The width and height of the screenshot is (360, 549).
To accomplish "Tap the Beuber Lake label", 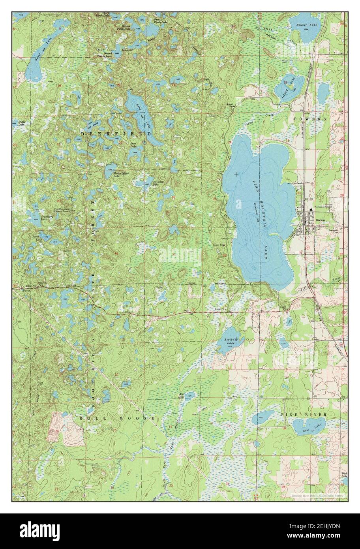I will point(307,25).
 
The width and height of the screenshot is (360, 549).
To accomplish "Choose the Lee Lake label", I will point(93,127).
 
